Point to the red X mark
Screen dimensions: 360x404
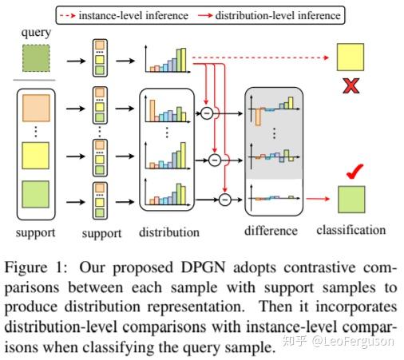tap(350, 86)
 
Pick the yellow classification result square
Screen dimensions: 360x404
tap(351, 58)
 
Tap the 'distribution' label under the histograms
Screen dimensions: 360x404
tap(168, 233)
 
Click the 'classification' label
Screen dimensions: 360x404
tap(351, 230)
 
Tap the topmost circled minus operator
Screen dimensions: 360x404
tap(207, 113)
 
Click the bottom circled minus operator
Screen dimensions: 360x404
tap(225, 200)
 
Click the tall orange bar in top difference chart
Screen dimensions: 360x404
tap(260, 118)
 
